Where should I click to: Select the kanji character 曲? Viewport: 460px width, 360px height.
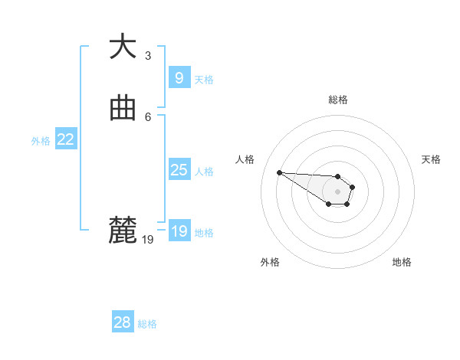coord(123,110)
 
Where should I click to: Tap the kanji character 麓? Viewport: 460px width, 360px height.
coord(123,230)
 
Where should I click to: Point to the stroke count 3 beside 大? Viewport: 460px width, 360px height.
coord(148,56)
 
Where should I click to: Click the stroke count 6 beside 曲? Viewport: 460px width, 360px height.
coord(148,116)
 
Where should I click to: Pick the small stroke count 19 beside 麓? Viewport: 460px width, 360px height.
coord(148,240)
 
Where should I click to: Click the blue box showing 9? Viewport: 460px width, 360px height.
coord(179,78)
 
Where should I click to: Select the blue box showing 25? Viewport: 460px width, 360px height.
coord(179,170)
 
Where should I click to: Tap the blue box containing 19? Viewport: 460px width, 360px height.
coord(179,231)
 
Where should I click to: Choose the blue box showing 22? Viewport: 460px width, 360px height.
coord(65,139)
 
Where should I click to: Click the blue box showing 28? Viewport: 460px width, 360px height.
coord(122,322)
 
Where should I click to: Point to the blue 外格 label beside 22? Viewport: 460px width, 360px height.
coord(41,141)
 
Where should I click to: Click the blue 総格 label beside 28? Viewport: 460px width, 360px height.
coord(147,324)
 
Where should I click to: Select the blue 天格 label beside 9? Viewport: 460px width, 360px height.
coord(204,80)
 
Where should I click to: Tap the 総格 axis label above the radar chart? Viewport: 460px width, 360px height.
coord(338,100)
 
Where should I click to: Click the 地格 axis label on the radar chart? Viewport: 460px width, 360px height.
coord(402,262)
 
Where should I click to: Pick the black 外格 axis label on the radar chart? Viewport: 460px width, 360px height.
coord(270,262)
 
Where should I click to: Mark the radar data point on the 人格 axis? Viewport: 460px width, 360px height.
coord(279,172)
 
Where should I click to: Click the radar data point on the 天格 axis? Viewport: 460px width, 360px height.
coord(353,187)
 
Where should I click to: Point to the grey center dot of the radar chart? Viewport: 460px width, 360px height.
coord(337,191)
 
